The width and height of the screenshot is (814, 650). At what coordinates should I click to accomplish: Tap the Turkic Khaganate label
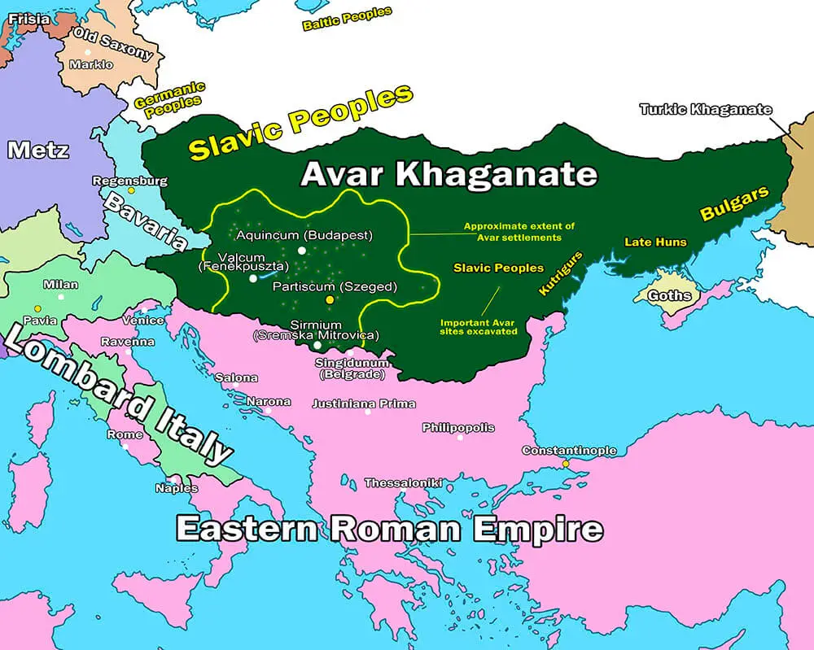tap(705, 109)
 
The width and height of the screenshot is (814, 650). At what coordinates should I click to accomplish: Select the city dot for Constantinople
tap(566, 464)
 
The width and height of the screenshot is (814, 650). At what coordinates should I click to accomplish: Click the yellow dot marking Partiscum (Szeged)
tap(330, 300)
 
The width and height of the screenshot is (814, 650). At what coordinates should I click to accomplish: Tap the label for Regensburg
tap(130, 181)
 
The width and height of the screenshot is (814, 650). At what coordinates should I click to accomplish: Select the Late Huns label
tap(655, 242)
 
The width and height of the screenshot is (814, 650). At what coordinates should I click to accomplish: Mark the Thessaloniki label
tap(403, 483)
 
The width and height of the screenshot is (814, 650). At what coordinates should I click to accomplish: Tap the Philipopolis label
tap(458, 428)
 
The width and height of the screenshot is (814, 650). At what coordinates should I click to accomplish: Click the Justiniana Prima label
tap(364, 404)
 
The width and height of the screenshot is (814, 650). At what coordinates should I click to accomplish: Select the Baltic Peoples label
tap(347, 18)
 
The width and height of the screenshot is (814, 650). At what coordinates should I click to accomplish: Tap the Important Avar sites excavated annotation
tap(479, 325)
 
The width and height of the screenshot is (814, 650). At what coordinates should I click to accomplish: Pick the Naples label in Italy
tap(177, 488)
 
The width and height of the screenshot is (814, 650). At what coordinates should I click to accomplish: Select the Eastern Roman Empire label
tap(389, 529)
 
